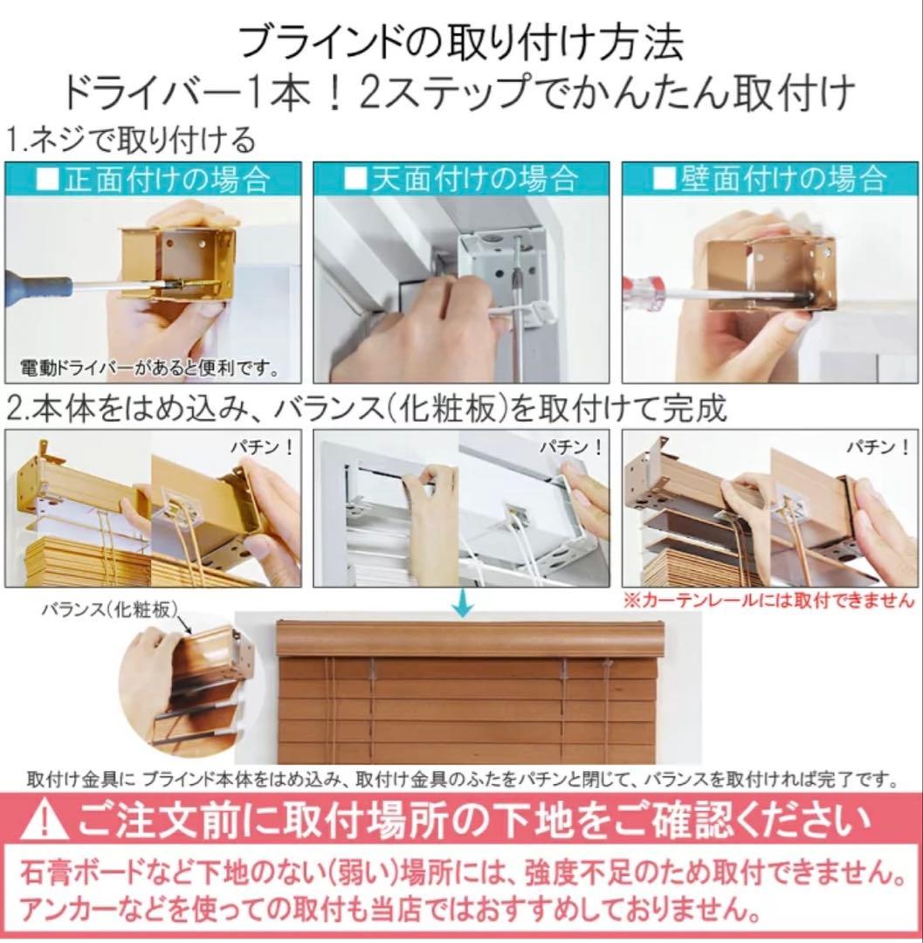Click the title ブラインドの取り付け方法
(460, 39)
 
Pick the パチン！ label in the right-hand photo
(878, 449)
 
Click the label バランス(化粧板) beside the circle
(110, 608)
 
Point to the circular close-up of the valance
(185, 689)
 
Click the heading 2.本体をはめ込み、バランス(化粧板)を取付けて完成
(367, 408)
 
